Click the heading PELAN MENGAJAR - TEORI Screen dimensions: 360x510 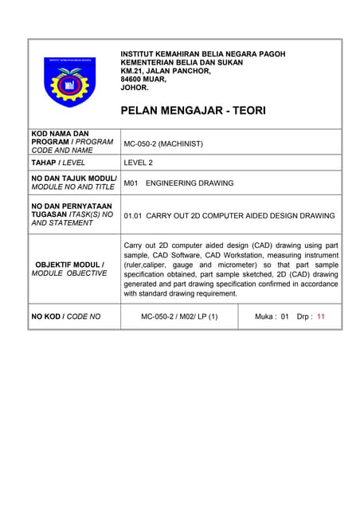(192, 110)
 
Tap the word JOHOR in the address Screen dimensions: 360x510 (134, 88)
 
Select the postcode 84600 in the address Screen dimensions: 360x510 (133, 79)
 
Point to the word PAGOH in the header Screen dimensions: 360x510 (270, 53)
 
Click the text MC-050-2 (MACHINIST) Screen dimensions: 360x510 (163, 144)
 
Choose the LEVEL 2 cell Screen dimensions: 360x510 (139, 163)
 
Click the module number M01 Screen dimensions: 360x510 (131, 183)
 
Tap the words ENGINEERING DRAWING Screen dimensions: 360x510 (190, 183)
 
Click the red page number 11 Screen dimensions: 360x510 (321, 316)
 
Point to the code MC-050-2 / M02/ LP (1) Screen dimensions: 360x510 (178, 316)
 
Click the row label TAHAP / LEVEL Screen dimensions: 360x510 (58, 163)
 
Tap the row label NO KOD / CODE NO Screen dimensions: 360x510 (66, 316)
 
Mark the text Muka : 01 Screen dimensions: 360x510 (272, 316)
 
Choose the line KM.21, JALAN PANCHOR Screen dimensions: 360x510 (166, 71)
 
